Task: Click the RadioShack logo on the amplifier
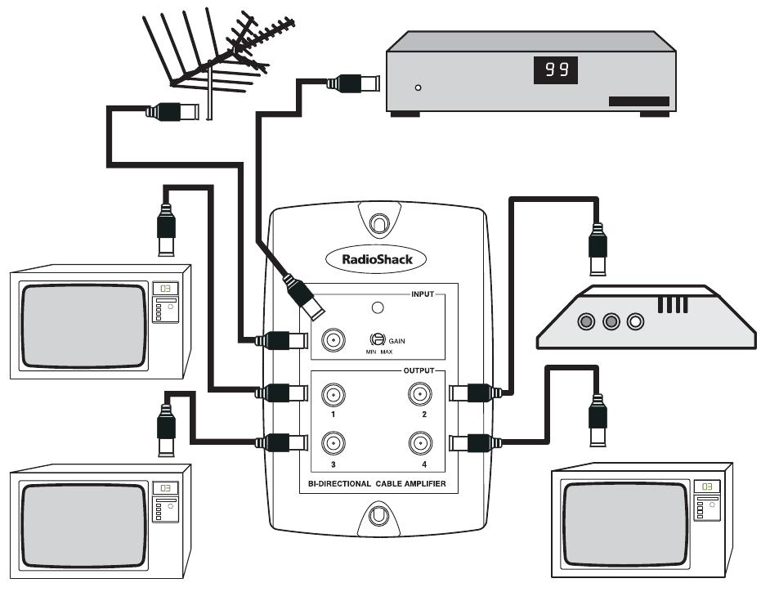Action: pyautogui.click(x=376, y=258)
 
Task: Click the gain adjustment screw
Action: pyautogui.click(x=378, y=339)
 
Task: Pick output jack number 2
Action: pyautogui.click(x=420, y=395)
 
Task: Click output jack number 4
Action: pyautogui.click(x=420, y=444)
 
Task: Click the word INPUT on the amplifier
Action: pyautogui.click(x=421, y=292)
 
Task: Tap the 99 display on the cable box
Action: pyautogui.click(x=556, y=70)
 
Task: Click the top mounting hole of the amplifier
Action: pyautogui.click(x=378, y=222)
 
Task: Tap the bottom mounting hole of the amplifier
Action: pyautogui.click(x=378, y=516)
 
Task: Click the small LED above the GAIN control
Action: pyautogui.click(x=378, y=308)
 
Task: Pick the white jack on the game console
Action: pyautogui.click(x=635, y=321)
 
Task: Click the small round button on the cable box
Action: pyautogui.click(x=419, y=87)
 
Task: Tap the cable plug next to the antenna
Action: pyautogui.click(x=172, y=111)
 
